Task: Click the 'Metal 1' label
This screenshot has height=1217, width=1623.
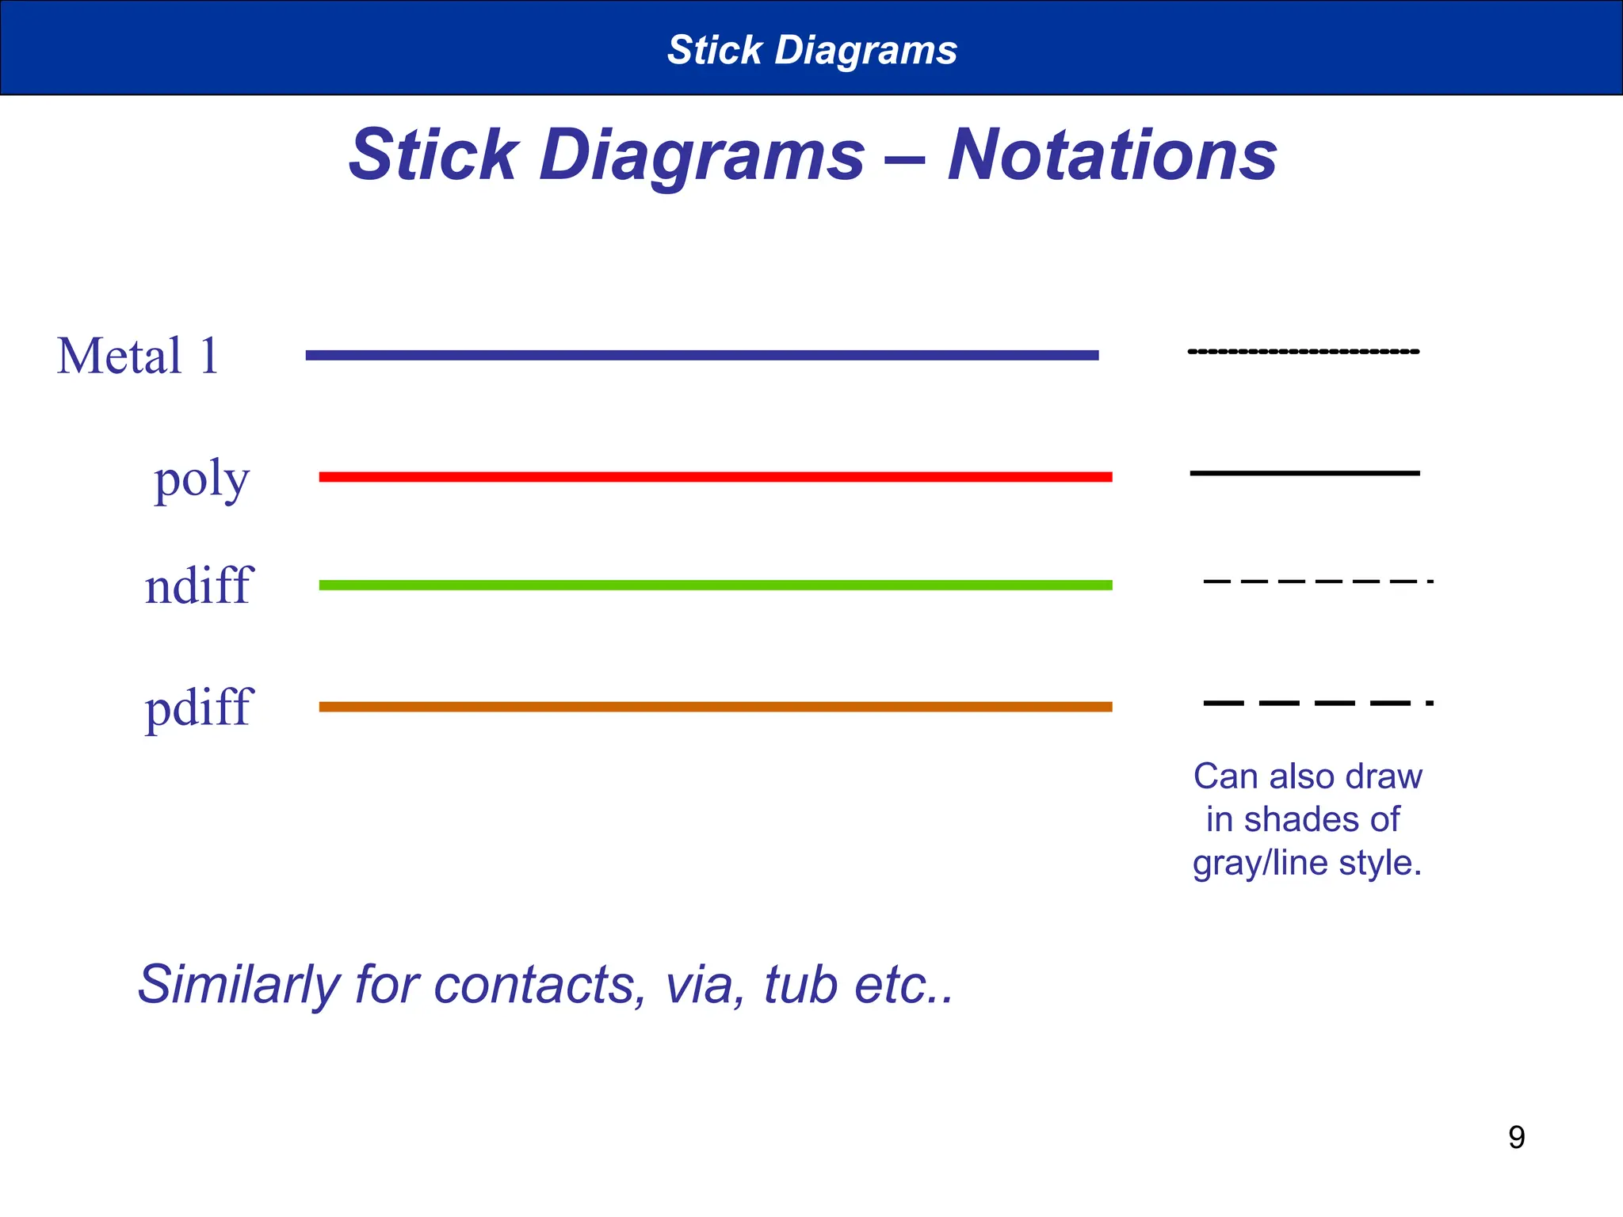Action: (138, 356)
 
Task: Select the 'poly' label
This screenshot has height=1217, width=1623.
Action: (201, 479)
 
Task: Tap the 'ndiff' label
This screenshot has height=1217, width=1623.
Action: (197, 586)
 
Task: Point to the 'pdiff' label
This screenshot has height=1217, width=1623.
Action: (198, 707)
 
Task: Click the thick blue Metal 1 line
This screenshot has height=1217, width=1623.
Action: (702, 356)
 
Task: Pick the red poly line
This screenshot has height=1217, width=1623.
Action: (715, 477)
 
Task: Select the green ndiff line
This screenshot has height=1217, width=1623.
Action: (715, 586)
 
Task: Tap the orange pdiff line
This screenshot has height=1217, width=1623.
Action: (715, 707)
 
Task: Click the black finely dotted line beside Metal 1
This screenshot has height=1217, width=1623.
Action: (1304, 352)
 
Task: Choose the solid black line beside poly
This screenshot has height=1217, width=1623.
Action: (1304, 473)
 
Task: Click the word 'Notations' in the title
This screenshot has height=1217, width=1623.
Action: (1112, 155)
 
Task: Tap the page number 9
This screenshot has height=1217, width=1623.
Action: (1516, 1138)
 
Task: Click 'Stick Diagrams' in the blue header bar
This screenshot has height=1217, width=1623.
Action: (811, 50)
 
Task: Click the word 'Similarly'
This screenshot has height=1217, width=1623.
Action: (239, 985)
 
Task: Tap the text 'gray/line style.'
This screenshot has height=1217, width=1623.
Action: (1307, 862)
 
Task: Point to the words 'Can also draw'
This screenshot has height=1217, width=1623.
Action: (1308, 776)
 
